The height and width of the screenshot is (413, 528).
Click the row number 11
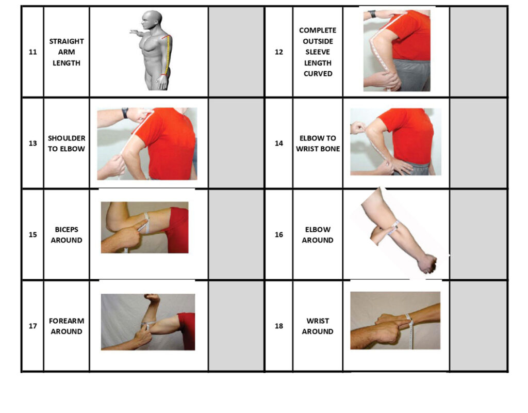(32, 52)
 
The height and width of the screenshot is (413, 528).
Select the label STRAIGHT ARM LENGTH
(67, 52)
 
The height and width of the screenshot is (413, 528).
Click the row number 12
(279, 52)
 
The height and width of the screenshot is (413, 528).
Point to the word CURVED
(318, 73)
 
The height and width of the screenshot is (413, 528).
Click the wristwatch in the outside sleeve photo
(372, 14)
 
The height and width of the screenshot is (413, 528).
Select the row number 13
(32, 144)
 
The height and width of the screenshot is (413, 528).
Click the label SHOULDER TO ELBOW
(67, 144)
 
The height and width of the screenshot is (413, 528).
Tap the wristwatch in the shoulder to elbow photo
(125, 113)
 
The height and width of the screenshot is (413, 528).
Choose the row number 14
(279, 144)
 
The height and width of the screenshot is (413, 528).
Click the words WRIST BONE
(318, 149)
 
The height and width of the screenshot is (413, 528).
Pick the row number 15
(32, 235)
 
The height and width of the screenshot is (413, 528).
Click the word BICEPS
(67, 229)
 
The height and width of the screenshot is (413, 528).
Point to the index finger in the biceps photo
(139, 226)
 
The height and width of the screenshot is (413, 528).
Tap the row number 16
(279, 235)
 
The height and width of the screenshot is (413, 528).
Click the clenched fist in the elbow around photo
(427, 263)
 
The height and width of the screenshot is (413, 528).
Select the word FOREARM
(67, 321)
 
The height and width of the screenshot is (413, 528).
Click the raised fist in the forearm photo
(152, 298)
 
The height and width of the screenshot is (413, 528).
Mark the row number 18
(279, 326)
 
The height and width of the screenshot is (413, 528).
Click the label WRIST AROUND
(318, 326)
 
